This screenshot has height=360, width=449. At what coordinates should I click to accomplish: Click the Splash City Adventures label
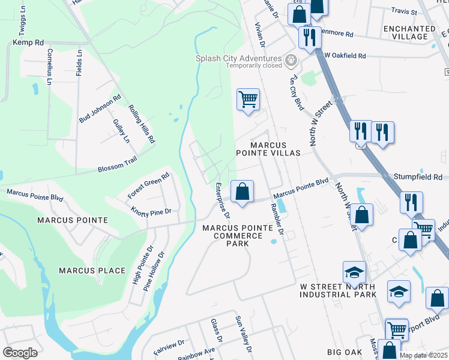coord(239,58)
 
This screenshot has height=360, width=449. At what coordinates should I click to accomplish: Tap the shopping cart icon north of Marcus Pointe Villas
coord(248,99)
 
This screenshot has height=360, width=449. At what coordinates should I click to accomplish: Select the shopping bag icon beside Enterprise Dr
coord(242,193)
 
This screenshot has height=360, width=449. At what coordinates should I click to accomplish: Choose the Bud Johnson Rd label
coord(100,108)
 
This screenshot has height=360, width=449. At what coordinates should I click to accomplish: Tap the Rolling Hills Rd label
coord(142,124)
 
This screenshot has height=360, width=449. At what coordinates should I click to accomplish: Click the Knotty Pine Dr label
coord(151,211)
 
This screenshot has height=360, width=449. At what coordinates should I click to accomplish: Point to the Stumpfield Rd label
coord(418,177)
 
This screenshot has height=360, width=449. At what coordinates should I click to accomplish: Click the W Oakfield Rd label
coord(345,55)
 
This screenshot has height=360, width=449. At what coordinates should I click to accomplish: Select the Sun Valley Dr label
coord(243,334)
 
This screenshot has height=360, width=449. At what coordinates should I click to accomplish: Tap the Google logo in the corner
coord(20,352)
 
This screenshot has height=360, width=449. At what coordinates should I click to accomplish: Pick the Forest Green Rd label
coord(149,186)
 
